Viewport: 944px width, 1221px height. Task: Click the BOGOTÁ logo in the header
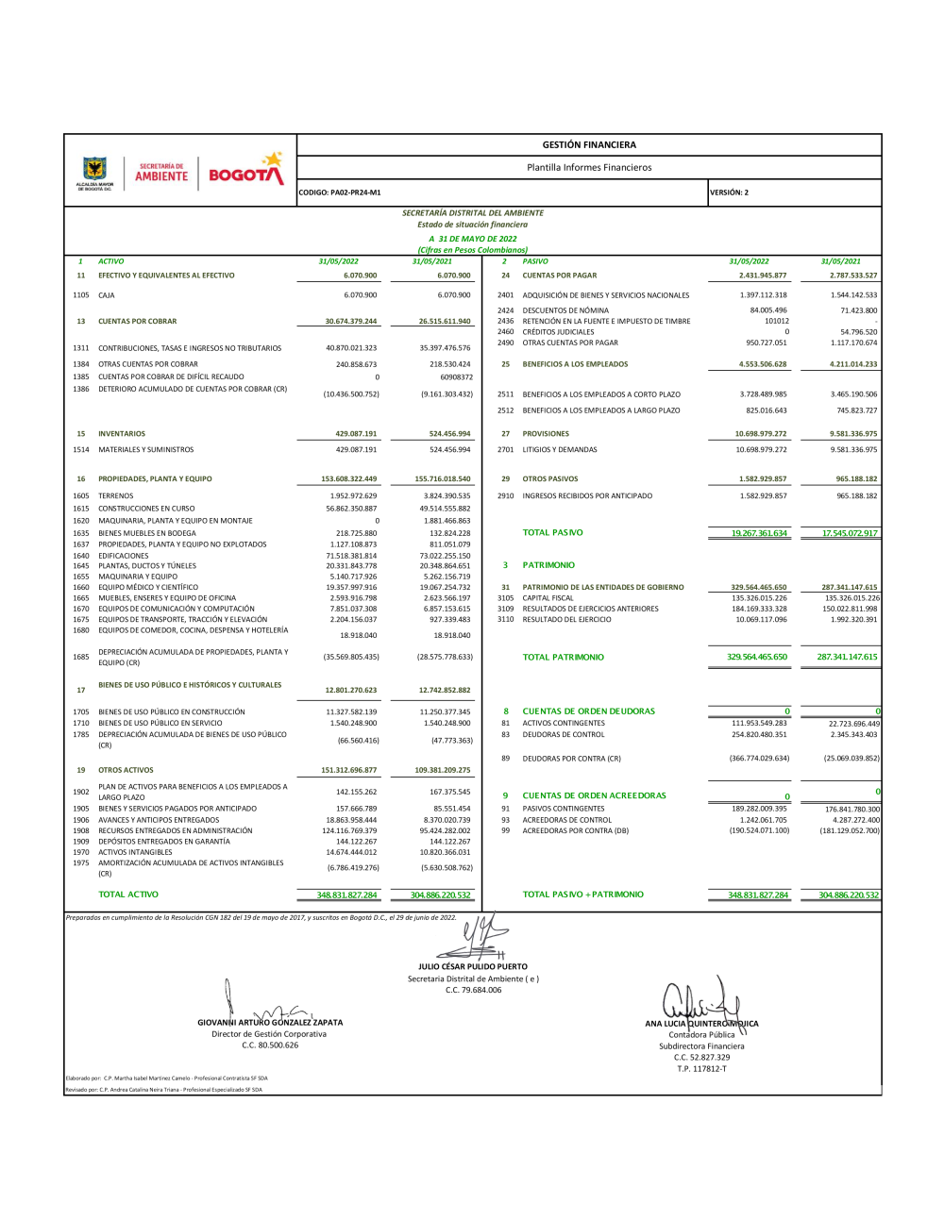pyautogui.click(x=245, y=171)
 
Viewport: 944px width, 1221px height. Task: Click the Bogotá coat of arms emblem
pyautogui.click(x=94, y=169)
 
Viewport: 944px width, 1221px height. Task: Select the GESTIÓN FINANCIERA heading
pyautogui.click(x=589, y=145)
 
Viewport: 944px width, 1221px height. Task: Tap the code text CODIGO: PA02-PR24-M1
pyautogui.click(x=340, y=192)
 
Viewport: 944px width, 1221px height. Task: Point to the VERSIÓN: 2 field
pyautogui.click(x=729, y=192)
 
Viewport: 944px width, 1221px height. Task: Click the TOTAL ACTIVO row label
pyautogui.click(x=128, y=895)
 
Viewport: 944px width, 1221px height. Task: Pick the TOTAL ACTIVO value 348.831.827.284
pyautogui.click(x=347, y=895)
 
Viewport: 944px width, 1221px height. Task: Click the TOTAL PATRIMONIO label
pyautogui.click(x=564, y=657)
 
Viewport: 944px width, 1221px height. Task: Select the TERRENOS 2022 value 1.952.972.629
pyautogui.click(x=353, y=495)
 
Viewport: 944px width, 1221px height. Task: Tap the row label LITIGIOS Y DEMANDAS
pyautogui.click(x=560, y=450)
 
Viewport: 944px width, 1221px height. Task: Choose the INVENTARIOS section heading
pyautogui.click(x=122, y=434)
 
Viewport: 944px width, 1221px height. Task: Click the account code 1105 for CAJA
pyautogui.click(x=81, y=295)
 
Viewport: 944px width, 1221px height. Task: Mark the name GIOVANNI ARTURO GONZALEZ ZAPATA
pyautogui.click(x=270, y=1023)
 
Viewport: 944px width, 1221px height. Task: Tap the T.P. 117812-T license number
pyautogui.click(x=701, y=1069)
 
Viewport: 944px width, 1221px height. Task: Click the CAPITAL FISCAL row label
pyautogui.click(x=548, y=598)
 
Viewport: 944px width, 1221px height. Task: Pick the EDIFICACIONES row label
pyautogui.click(x=124, y=556)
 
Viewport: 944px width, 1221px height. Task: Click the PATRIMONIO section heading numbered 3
pyautogui.click(x=548, y=565)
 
